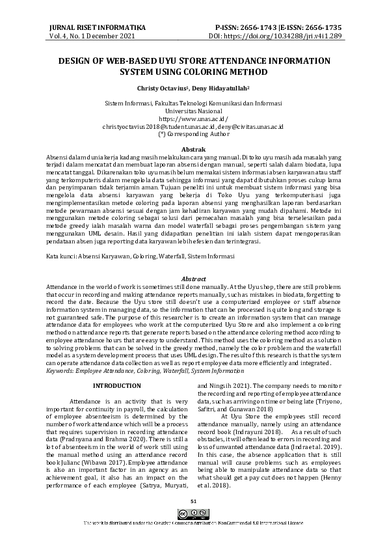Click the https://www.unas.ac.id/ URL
(193, 120)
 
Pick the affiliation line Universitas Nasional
(193, 112)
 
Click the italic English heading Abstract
(193, 278)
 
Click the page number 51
(193, 500)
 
